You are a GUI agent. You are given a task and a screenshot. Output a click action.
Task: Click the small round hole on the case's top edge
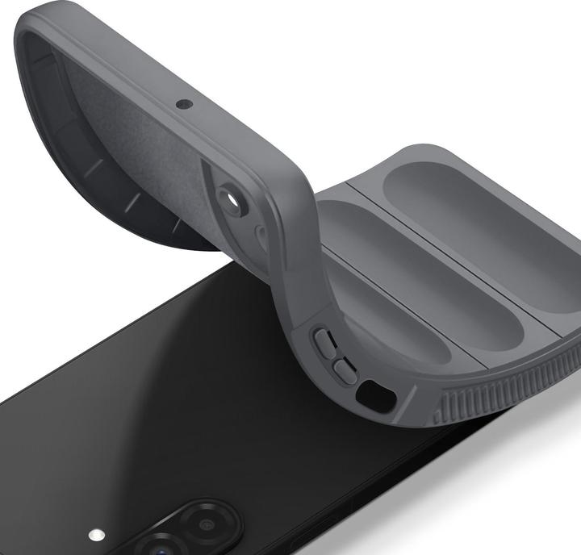184,104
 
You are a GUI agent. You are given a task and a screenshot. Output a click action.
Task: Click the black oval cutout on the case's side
375,395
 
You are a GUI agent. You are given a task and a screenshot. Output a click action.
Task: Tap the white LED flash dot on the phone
97,534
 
